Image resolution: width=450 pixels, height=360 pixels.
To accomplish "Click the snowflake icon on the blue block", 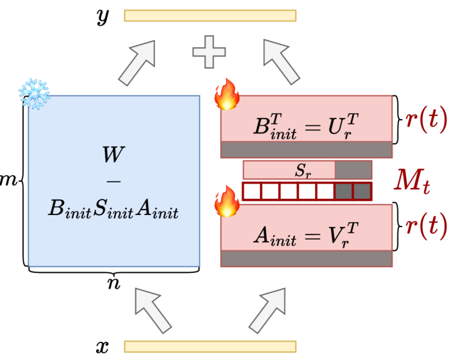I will point(34,94).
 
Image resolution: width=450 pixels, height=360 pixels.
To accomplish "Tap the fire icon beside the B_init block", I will point(226,95).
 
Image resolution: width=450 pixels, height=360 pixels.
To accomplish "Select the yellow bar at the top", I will point(210,15).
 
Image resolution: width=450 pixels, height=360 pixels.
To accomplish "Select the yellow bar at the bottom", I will point(210,346).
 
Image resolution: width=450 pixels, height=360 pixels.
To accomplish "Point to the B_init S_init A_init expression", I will point(114,209).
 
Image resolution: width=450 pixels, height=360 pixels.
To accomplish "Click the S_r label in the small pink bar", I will point(304,169).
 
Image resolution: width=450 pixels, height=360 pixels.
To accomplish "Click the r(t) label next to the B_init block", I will point(426,119).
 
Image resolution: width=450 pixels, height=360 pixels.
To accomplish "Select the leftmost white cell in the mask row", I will point(252,191).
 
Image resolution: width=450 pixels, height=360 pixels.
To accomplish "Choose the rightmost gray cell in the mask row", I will point(362,191).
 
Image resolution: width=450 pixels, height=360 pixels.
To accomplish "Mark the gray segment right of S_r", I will point(353,169).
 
